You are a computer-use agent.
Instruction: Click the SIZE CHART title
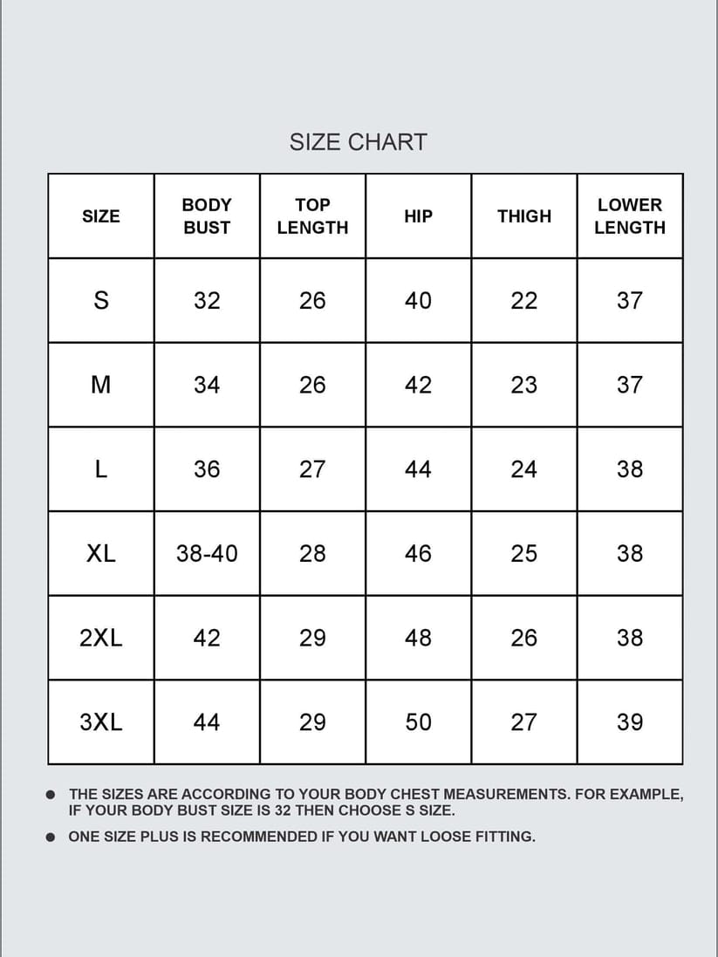358,142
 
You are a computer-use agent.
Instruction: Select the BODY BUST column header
207,216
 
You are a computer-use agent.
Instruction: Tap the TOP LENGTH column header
312,216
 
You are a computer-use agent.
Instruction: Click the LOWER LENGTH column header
629,216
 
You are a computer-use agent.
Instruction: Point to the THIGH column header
524,216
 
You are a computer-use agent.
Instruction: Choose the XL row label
101,553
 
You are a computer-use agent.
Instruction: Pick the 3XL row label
101,722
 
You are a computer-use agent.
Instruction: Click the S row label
101,301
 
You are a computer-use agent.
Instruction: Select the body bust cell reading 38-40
207,553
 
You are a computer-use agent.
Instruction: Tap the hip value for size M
418,385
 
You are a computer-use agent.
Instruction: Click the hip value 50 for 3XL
418,722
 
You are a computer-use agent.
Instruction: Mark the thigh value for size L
523,469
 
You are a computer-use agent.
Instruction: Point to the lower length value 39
629,722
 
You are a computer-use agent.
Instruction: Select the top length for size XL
312,553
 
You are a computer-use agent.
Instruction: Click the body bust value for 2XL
207,638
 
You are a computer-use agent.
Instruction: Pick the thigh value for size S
523,301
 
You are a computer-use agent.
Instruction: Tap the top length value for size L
312,469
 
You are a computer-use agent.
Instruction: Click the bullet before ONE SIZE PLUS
51,837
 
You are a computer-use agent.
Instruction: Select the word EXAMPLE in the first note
644,794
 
